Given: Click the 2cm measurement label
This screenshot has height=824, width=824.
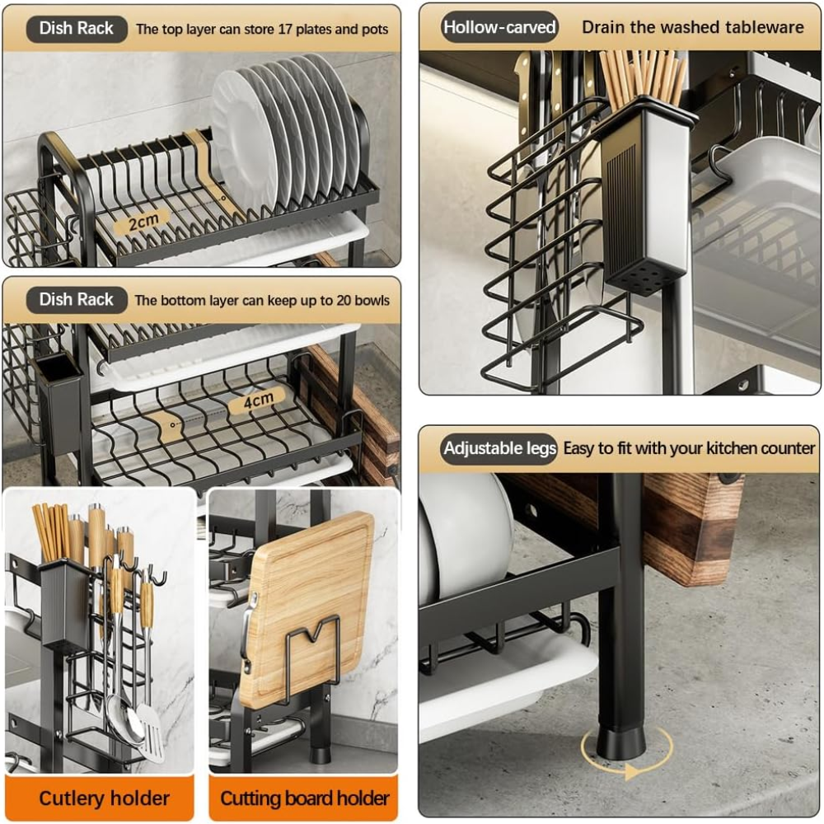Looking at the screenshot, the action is pyautogui.click(x=143, y=222).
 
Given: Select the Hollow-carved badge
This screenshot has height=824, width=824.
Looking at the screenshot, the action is pyautogui.click(x=499, y=27).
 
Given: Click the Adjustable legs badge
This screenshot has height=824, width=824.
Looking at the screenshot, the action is pyautogui.click(x=499, y=448).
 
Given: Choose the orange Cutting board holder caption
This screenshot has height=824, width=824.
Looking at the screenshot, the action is pyautogui.click(x=304, y=798).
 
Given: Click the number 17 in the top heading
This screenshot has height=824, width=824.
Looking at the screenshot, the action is pyautogui.click(x=285, y=29).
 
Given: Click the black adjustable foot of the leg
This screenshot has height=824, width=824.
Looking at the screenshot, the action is pyautogui.click(x=620, y=742).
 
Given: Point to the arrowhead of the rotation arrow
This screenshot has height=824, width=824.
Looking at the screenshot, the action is pyautogui.click(x=633, y=772).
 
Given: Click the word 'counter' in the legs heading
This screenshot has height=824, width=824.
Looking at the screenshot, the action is pyautogui.click(x=788, y=448).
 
